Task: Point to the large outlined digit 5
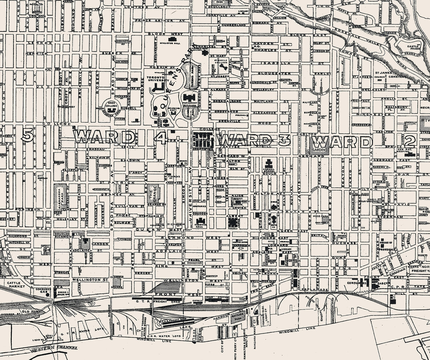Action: (28, 134)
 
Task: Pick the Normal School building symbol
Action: (270, 163)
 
